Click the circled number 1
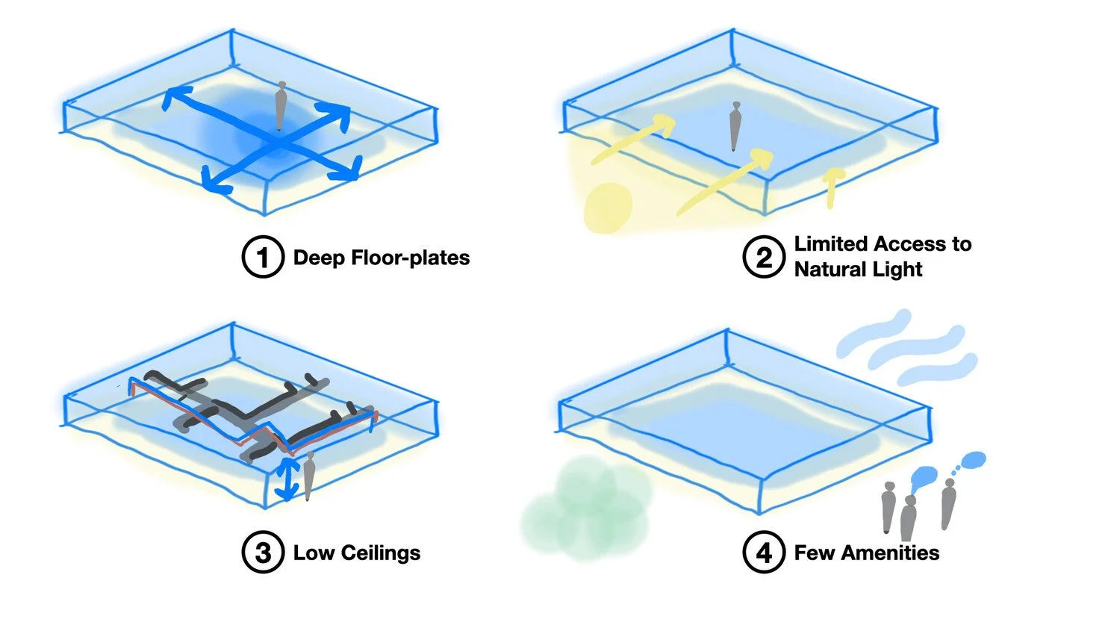pos(262,258)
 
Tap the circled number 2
pos(763,258)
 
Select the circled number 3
pos(262,553)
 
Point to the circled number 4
pos(763,553)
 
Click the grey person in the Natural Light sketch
pos(735,126)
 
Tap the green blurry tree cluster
pos(586,508)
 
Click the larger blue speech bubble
pos(924,476)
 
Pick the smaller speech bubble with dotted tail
pos(973,459)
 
